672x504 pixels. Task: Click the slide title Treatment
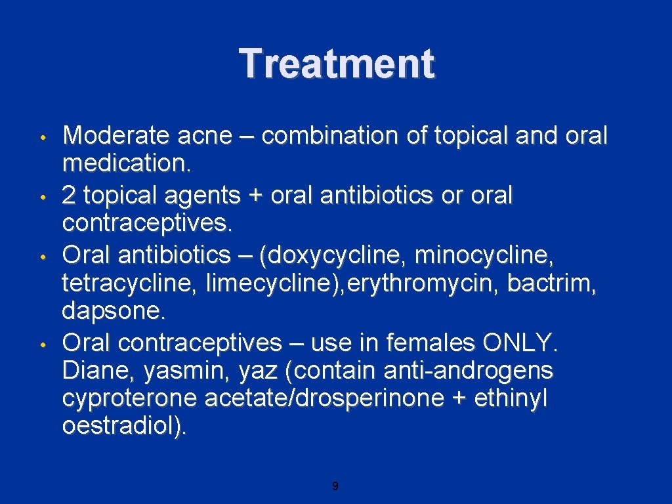click(336, 64)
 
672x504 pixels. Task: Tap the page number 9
click(335, 486)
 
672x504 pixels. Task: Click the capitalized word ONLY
click(519, 342)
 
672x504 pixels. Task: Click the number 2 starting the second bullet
click(70, 195)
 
